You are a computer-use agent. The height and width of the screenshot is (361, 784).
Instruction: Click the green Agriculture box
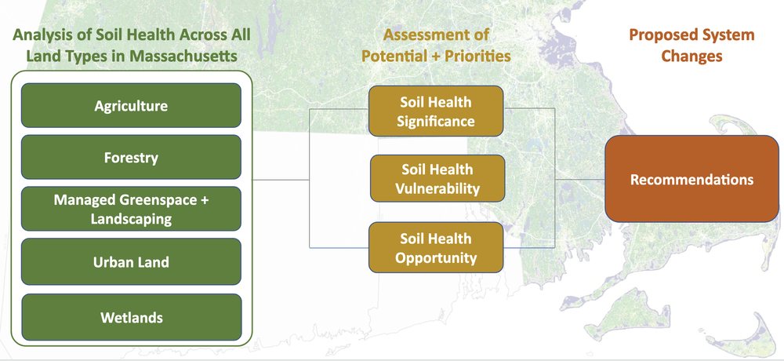click(131, 105)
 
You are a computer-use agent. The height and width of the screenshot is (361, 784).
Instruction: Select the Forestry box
click(131, 158)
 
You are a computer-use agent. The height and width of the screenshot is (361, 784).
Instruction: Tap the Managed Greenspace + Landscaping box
click(131, 210)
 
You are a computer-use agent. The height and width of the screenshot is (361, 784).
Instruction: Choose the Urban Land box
click(131, 263)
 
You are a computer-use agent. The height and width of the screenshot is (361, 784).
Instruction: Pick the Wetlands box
click(131, 317)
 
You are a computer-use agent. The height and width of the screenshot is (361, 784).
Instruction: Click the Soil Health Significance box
click(436, 111)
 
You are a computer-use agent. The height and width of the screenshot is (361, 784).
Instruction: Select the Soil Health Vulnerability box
click(437, 179)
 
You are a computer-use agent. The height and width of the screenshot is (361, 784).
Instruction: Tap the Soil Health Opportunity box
click(436, 247)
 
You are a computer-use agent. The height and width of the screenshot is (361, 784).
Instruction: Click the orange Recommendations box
click(691, 180)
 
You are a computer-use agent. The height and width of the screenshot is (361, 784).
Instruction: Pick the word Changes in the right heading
click(691, 57)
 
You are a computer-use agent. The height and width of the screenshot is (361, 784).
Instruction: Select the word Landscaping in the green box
click(131, 219)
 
